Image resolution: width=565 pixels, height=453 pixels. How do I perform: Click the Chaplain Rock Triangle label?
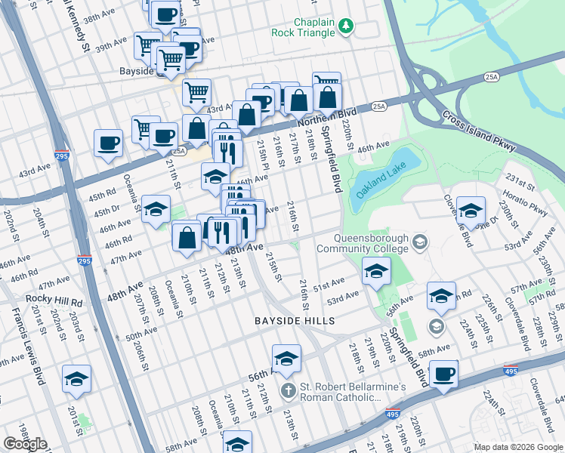303,28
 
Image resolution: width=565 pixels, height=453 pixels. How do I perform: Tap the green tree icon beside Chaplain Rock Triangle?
346,27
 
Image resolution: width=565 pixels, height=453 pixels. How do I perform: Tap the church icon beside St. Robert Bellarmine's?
287,391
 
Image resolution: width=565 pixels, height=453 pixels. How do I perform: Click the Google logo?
25,444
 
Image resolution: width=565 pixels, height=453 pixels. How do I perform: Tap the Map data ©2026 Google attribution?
517,447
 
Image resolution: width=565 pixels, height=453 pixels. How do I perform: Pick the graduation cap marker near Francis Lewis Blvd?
76,379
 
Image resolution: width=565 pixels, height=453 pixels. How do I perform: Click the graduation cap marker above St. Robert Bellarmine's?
286,359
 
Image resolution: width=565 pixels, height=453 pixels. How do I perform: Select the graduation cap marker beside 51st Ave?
376,271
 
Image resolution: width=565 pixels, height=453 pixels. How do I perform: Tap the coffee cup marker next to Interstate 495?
443,374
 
